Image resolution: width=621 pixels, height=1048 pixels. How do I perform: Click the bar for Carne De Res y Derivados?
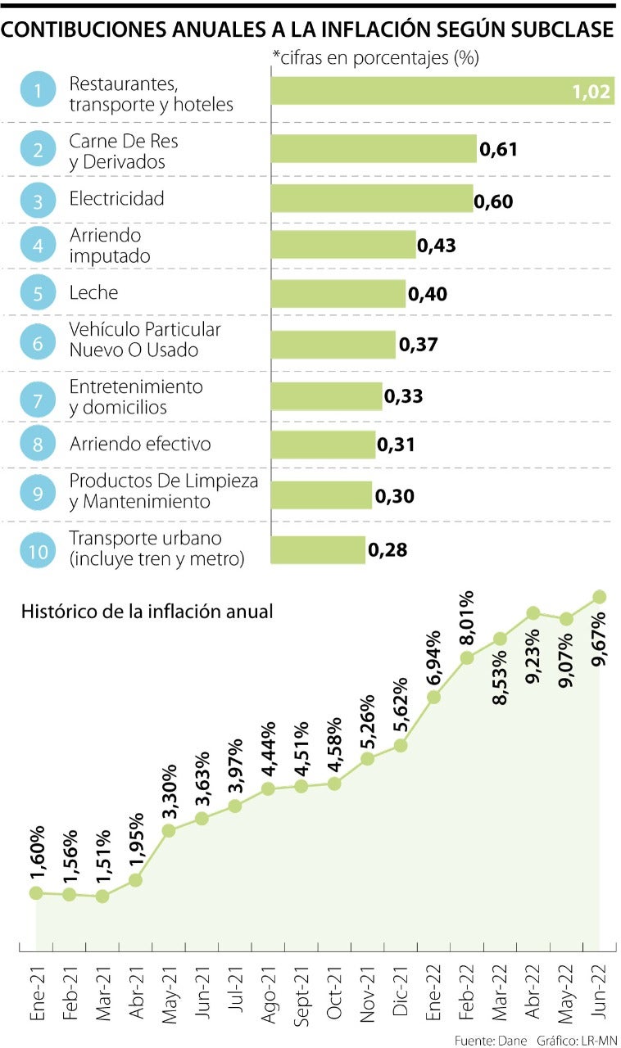[x=374, y=149]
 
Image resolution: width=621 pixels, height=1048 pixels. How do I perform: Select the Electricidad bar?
[x=372, y=198]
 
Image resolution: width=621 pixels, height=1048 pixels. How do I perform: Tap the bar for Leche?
[x=338, y=293]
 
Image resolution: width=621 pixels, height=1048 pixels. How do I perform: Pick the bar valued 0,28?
[x=318, y=550]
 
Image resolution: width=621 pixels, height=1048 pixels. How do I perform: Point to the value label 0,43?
[x=437, y=245]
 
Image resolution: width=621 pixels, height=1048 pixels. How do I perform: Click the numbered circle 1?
[x=38, y=92]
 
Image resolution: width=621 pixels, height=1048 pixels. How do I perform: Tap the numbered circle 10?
[x=38, y=550]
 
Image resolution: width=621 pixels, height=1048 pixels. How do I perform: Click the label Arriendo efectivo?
[x=140, y=444]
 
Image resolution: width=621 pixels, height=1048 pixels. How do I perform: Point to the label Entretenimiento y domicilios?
[x=135, y=396]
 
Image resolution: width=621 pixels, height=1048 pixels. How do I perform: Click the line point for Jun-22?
[x=600, y=596]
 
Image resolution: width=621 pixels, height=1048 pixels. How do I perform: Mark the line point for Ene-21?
[x=36, y=892]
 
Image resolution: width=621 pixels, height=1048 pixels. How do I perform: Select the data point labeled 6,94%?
[x=434, y=697]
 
